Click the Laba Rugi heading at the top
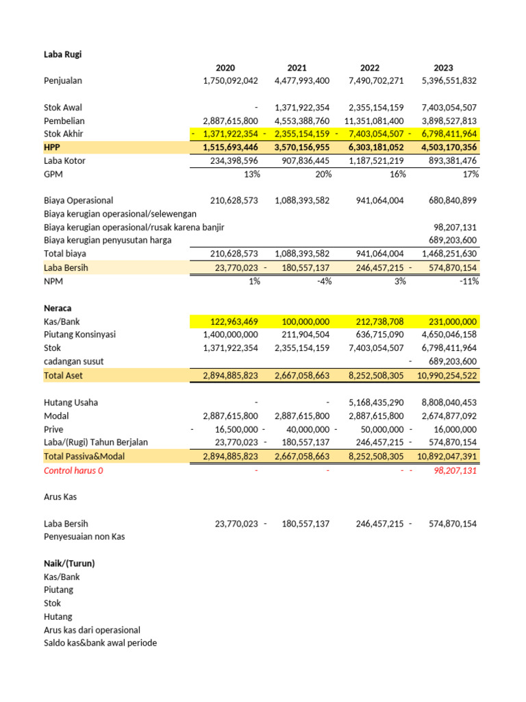63,54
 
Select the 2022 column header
369,68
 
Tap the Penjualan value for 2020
230,81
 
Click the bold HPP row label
53,147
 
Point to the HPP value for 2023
444,147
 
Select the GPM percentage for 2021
321,174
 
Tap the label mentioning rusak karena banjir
134,227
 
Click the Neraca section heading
58,308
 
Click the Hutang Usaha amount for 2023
449,402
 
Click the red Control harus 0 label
73,471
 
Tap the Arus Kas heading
60,497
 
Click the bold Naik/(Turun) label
68,564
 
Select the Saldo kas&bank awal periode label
100,643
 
